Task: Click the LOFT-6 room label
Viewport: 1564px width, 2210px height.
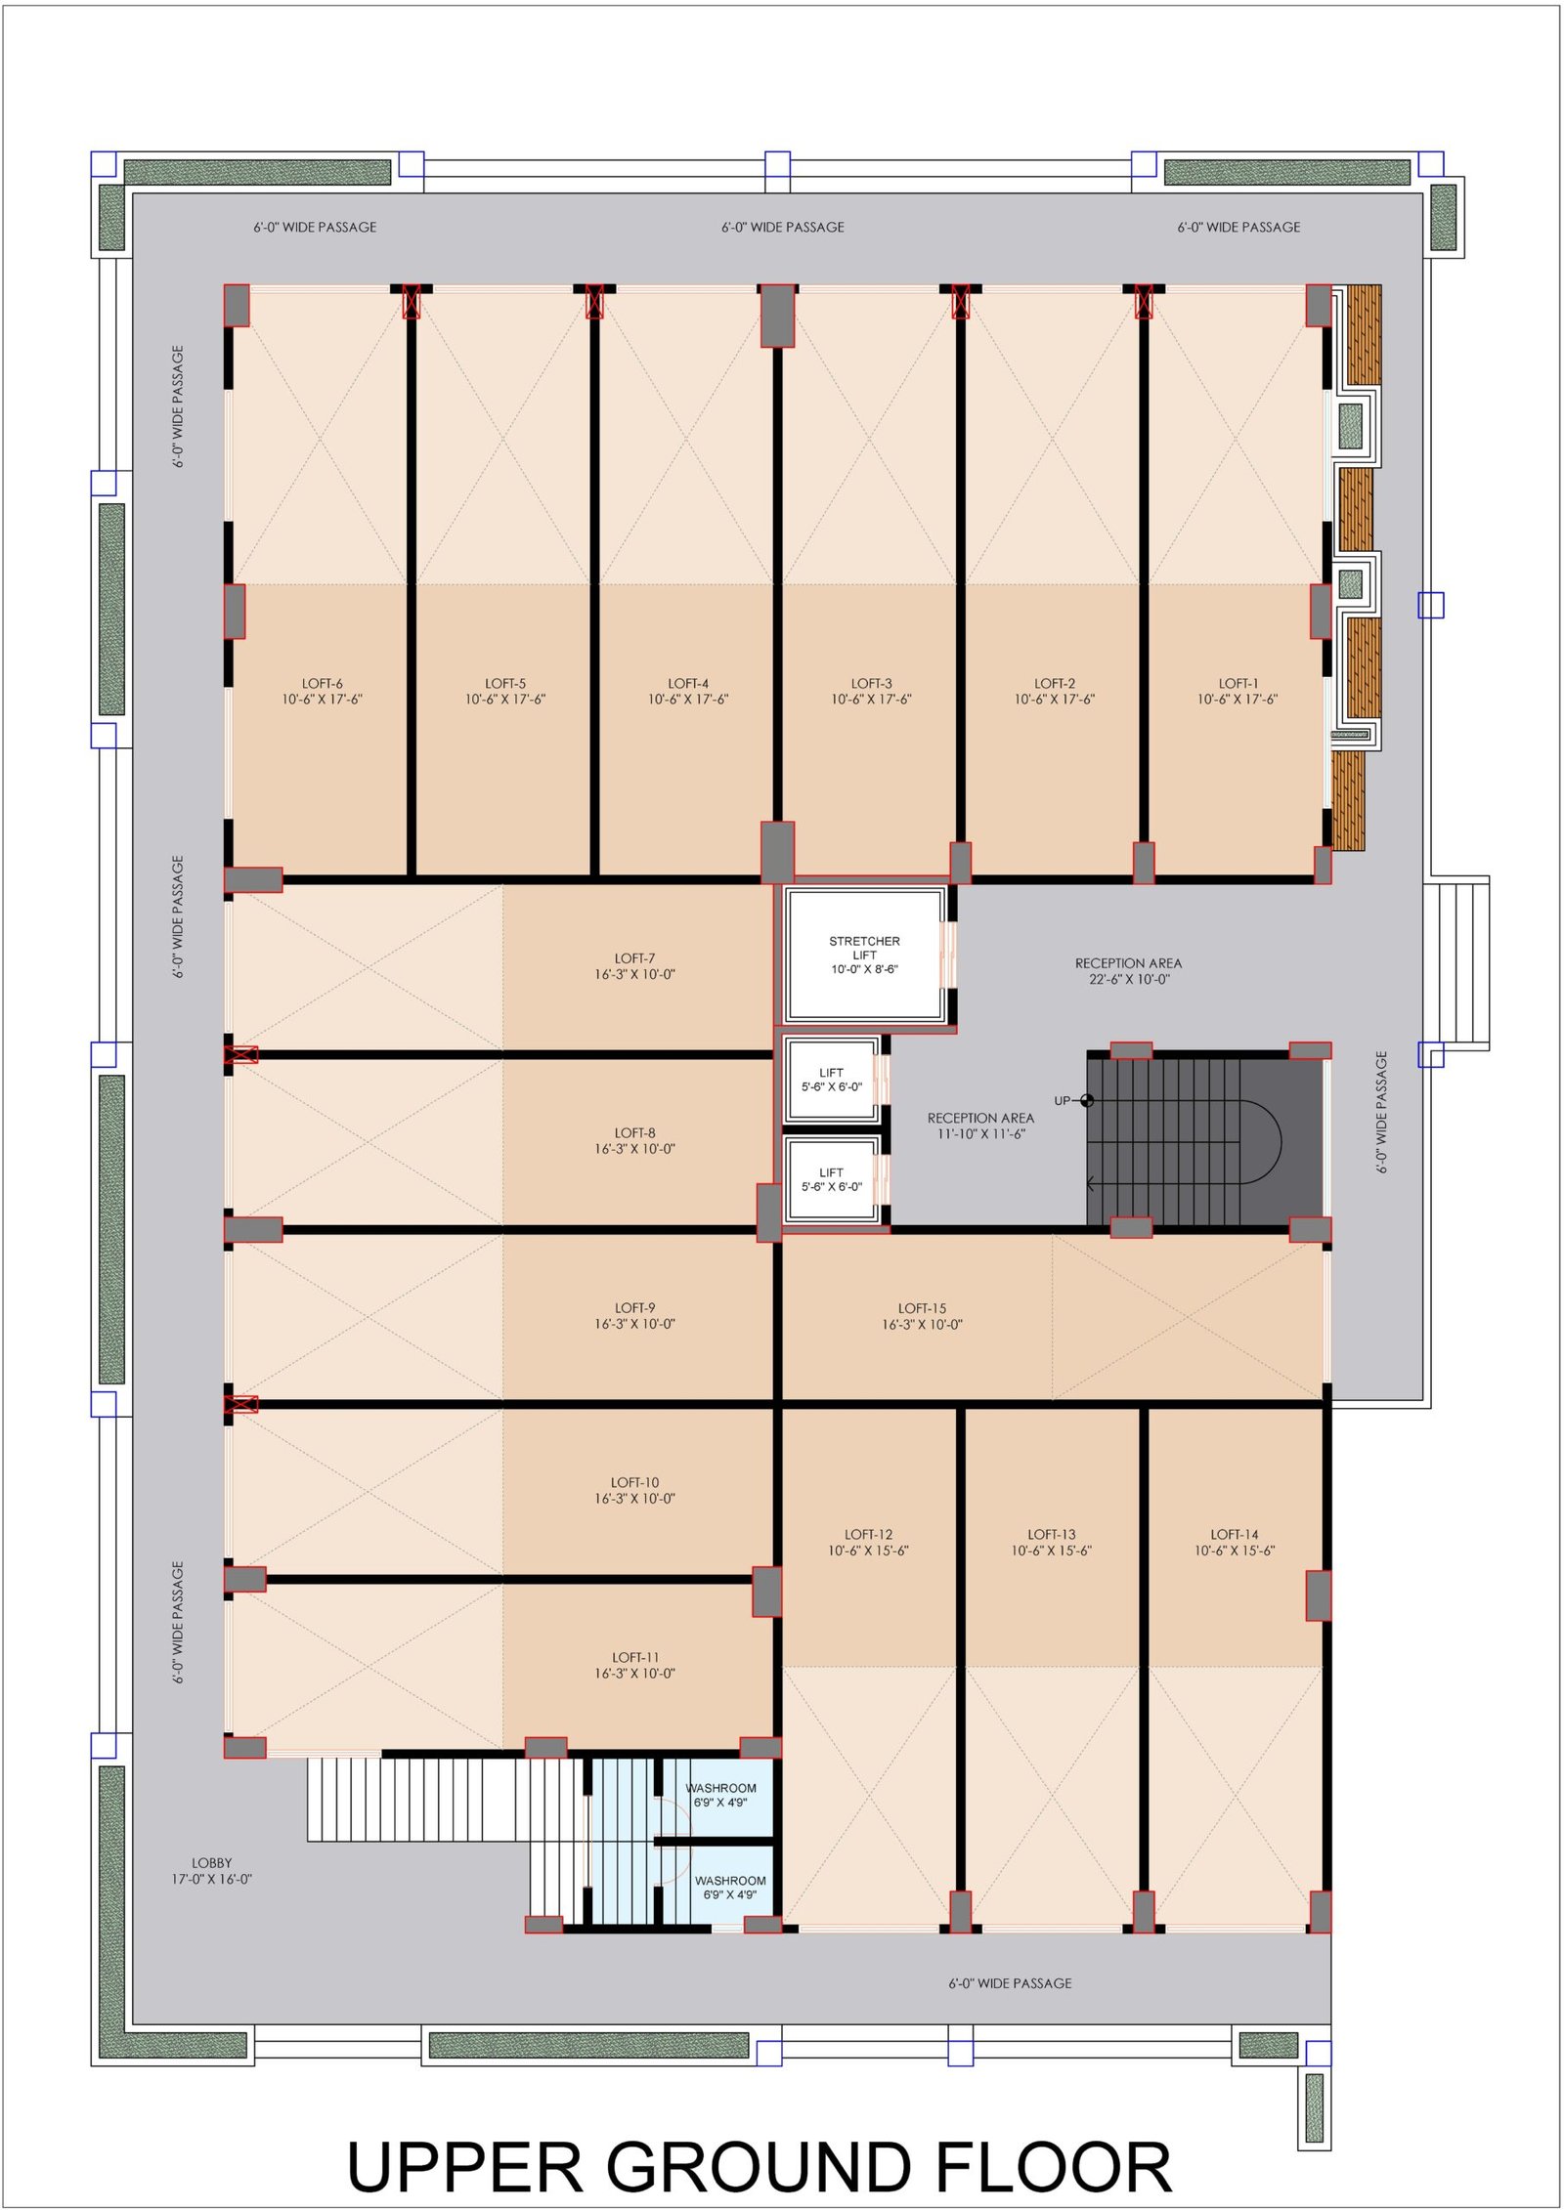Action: [x=322, y=692]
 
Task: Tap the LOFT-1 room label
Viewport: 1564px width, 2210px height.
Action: [x=1238, y=692]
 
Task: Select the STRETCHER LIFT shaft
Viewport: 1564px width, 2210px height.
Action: [x=865, y=955]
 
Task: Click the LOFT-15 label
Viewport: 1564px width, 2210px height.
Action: [x=922, y=1316]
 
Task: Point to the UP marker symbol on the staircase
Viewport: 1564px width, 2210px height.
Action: [x=1087, y=1101]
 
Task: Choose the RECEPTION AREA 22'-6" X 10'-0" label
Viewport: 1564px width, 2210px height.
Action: [x=1128, y=971]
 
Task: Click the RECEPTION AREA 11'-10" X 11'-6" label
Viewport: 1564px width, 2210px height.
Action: [x=980, y=1126]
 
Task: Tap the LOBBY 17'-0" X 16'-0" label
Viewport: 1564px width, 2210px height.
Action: [x=212, y=1871]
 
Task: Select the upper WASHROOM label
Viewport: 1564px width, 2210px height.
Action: [x=720, y=1795]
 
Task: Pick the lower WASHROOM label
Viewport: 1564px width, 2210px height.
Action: [x=730, y=1888]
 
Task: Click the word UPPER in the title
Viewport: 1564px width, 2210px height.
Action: [x=464, y=2166]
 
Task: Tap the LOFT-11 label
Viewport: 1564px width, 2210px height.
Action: [x=635, y=1665]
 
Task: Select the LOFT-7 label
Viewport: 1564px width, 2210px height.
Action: [x=635, y=966]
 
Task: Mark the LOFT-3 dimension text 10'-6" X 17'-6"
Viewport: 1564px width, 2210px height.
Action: [x=871, y=700]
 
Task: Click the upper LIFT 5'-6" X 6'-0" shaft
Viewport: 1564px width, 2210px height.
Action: [x=832, y=1080]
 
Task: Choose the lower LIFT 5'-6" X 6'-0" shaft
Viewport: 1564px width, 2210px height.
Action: [x=832, y=1179]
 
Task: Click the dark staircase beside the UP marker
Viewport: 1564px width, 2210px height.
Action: [x=1204, y=1139]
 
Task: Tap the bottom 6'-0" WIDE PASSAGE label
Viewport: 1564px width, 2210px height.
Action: [x=1010, y=1983]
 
